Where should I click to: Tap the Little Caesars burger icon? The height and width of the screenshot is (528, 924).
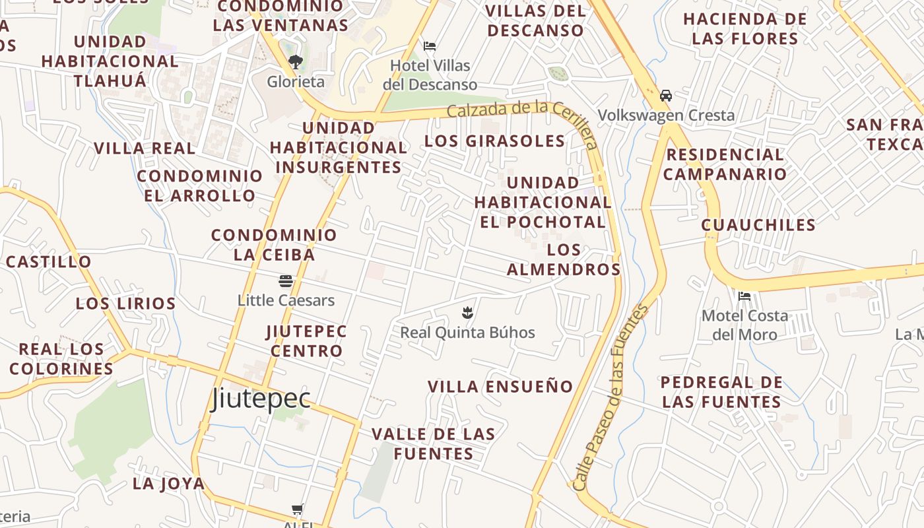pos(286,282)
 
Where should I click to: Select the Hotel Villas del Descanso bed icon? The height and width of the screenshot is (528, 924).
pos(430,46)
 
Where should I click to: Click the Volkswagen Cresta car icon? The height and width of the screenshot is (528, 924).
pos(666,96)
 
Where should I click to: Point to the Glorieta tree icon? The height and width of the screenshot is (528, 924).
pos(296,63)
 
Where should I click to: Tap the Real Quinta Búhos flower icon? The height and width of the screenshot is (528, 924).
pos(467,313)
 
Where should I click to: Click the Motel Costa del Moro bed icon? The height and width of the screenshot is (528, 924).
pos(744,296)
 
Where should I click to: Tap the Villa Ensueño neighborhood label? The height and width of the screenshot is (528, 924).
pos(500,387)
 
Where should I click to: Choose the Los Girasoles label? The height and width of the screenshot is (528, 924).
pos(495,141)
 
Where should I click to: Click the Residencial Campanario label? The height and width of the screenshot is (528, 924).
pos(725,164)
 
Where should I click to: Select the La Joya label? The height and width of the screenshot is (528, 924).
pos(169,483)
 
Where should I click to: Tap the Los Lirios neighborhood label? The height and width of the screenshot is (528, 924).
pos(125,304)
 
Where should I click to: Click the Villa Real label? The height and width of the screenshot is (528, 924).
pos(145,148)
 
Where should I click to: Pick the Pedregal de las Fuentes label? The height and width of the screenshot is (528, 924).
pos(721,392)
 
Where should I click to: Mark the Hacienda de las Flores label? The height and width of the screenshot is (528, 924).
pos(745,28)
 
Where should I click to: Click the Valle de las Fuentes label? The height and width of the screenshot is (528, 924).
pos(433,444)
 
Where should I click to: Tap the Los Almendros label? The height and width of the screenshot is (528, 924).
pos(564,259)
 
